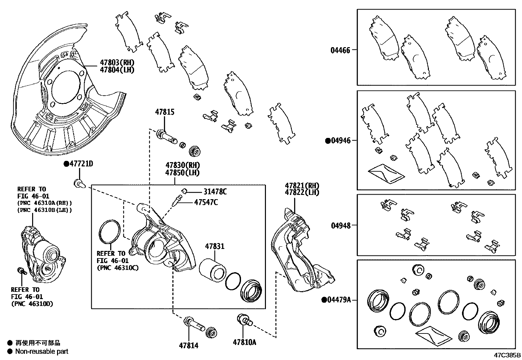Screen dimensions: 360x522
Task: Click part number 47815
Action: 165,112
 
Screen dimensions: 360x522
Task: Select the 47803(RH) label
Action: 117,63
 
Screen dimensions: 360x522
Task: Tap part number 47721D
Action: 81,164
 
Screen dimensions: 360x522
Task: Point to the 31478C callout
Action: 215,192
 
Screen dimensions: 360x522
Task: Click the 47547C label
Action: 206,202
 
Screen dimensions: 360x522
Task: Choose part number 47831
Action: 215,246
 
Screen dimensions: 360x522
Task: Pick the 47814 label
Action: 189,345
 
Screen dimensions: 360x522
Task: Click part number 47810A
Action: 244,342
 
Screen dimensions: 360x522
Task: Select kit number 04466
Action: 340,50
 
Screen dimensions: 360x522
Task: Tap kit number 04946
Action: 340,141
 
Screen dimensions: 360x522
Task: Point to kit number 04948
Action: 340,225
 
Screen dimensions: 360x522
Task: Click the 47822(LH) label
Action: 302,193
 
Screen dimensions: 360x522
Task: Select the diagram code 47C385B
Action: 508,355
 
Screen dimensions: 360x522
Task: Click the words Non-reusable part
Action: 42,351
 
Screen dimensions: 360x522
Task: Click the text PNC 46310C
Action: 118,268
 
